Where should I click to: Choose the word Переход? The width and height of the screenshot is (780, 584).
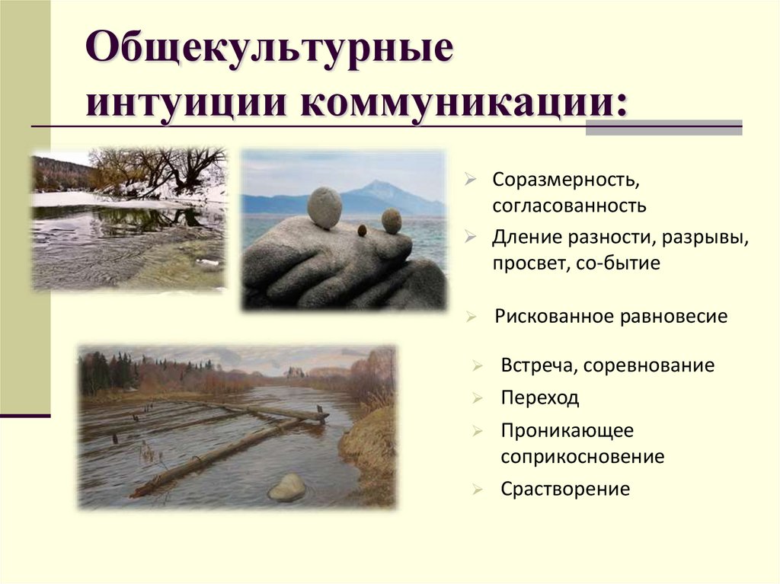click(x=540, y=397)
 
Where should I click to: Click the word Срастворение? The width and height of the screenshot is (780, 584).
click(x=565, y=488)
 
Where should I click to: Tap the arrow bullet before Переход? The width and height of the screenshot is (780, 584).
click(x=476, y=398)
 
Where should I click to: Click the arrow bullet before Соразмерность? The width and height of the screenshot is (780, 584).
click(x=472, y=181)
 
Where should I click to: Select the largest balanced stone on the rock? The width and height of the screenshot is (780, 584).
click(x=324, y=208)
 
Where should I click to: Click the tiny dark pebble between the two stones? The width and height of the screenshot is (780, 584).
click(x=362, y=229)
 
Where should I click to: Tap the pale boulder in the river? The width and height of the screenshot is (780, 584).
click(x=287, y=487)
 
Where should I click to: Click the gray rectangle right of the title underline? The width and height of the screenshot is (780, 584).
click(x=663, y=127)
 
